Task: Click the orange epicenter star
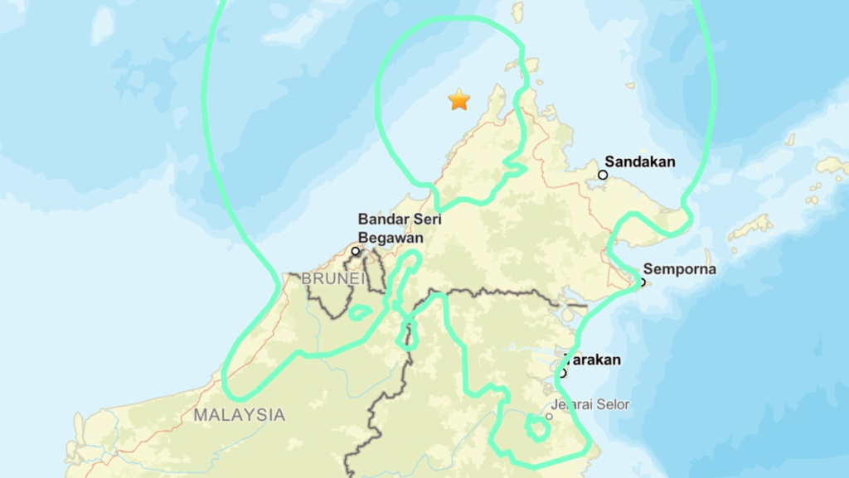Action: point(458,100)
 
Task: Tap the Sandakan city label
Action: point(640,162)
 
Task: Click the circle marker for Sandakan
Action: point(603,175)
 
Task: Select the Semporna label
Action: point(680,269)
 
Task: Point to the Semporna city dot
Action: point(643,282)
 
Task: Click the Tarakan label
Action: point(594,360)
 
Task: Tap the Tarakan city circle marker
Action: point(562,373)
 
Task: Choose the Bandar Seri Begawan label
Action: point(400,228)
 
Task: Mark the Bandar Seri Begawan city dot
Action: point(356,251)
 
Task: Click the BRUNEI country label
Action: point(332,279)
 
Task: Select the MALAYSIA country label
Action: point(240,415)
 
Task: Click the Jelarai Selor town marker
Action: point(549,415)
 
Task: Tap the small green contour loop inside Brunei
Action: point(360,313)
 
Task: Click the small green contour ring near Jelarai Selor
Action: point(537,428)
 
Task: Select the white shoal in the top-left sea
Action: point(102,25)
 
